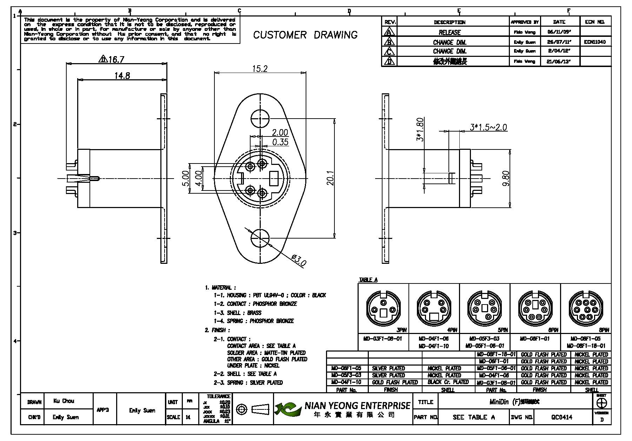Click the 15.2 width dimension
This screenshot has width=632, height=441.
(x=260, y=69)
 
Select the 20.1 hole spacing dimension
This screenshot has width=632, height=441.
(x=330, y=178)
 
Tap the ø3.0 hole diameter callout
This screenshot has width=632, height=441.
(x=299, y=260)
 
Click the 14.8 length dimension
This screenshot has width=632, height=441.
(x=122, y=75)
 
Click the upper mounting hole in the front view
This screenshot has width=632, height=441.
(x=260, y=117)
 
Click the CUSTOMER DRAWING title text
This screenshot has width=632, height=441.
(x=305, y=35)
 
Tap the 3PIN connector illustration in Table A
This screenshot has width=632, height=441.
(x=383, y=308)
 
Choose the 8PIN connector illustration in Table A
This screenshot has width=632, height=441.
(x=586, y=308)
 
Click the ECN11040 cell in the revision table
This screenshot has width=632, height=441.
(x=595, y=42)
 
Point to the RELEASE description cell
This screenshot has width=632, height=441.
(x=450, y=32)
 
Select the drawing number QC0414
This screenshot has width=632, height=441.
(x=561, y=417)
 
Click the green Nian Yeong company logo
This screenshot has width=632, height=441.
(x=288, y=409)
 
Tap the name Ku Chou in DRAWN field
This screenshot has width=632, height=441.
(x=64, y=401)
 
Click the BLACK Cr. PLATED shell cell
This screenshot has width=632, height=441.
(x=448, y=382)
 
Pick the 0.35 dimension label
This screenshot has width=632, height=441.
(x=280, y=142)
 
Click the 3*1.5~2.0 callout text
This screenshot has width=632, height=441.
(x=488, y=127)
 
